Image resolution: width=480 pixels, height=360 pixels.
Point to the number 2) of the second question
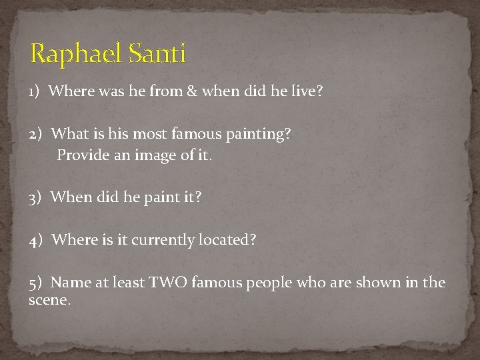tap(37, 133)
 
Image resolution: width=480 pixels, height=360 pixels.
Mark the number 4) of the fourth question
tap(37, 239)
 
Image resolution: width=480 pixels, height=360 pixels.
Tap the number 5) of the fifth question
tap(37, 282)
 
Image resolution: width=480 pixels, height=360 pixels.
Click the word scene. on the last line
tap(49, 300)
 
